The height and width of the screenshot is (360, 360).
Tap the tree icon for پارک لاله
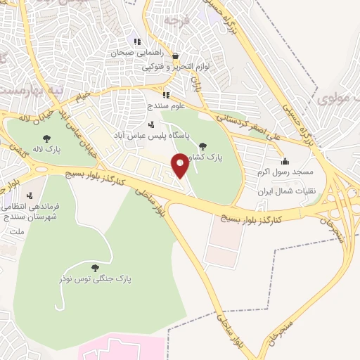[46, 139]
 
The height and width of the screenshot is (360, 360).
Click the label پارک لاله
[46, 150]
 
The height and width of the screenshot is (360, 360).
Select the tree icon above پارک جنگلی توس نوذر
[95, 267]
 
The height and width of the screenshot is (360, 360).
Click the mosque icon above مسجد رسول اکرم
[283, 160]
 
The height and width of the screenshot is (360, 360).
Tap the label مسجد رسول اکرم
[283, 172]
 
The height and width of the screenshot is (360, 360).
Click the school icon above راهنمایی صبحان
[138, 41]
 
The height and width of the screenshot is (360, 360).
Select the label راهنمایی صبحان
[139, 51]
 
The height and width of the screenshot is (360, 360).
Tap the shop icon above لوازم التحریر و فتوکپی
[175, 56]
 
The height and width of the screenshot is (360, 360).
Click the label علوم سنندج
[166, 105]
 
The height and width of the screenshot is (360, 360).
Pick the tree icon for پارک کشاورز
[202, 146]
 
